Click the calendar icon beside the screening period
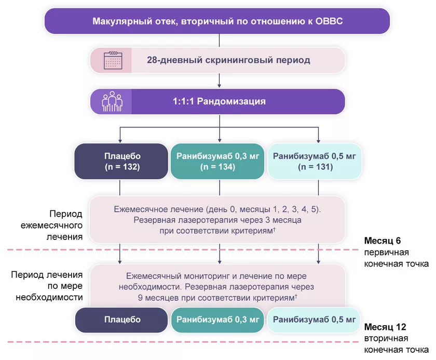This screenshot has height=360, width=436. (x=111, y=60)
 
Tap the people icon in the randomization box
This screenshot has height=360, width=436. (x=111, y=101)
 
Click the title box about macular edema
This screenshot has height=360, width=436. (x=217, y=21)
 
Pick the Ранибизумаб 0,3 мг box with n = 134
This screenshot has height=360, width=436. (x=217, y=162)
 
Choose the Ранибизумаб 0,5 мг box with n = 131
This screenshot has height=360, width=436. (x=315, y=162)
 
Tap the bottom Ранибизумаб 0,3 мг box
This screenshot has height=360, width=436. (x=217, y=319)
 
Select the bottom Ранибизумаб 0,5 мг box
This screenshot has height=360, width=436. (x=315, y=319)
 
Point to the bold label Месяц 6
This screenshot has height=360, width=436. (x=383, y=241)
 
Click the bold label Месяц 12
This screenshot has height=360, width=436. (x=385, y=327)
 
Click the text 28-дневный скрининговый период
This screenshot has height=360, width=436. (x=228, y=60)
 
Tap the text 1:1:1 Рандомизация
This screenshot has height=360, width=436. (x=219, y=101)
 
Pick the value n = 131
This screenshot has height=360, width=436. (x=315, y=167)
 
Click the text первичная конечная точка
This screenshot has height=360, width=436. (x=396, y=258)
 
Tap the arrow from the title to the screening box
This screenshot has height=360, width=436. (x=220, y=41)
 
